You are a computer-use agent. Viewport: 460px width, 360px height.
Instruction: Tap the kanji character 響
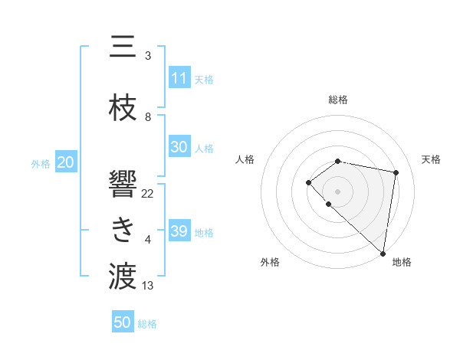pyautogui.click(x=123, y=183)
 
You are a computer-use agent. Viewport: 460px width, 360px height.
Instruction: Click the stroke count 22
pyautogui.click(x=148, y=193)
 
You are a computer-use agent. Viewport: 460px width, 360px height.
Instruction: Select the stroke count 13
pyautogui.click(x=148, y=286)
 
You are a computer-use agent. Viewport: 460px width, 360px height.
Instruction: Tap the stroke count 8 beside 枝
pyautogui.click(x=148, y=117)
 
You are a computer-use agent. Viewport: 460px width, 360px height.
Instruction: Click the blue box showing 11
pyautogui.click(x=179, y=78)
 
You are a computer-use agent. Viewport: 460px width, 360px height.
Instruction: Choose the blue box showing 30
pyautogui.click(x=179, y=147)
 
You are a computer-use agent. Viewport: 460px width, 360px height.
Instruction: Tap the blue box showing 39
pyautogui.click(x=179, y=231)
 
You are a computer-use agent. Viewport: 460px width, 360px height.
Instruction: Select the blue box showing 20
pyautogui.click(x=65, y=162)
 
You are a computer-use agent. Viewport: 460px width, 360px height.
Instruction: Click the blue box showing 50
pyautogui.click(x=122, y=322)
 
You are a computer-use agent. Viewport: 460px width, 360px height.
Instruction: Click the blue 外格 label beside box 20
pyautogui.click(x=41, y=163)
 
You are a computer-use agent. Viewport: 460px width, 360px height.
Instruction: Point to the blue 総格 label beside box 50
pyautogui.click(x=147, y=323)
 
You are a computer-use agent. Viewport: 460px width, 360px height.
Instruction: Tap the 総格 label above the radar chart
pyautogui.click(x=338, y=100)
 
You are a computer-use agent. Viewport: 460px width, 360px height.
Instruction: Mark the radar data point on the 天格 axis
pyautogui.click(x=396, y=172)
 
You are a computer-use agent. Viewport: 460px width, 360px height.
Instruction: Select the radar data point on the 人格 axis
pyautogui.click(x=308, y=182)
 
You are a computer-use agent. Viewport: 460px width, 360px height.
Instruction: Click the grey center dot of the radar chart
pyautogui.click(x=338, y=191)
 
